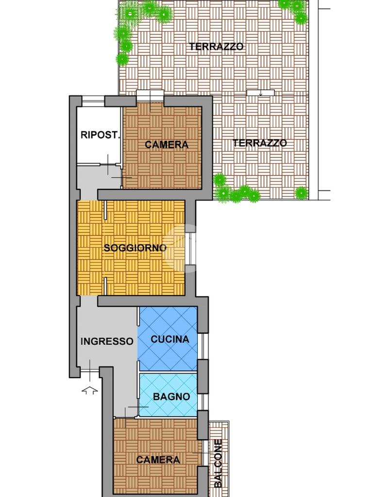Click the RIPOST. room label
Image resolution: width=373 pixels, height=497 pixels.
pos(101,135)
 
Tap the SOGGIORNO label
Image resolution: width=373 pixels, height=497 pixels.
pos(135,248)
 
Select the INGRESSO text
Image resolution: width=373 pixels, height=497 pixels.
pos(107,341)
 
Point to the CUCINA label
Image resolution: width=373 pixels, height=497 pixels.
pos(170,339)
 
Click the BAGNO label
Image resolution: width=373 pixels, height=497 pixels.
pos(171,397)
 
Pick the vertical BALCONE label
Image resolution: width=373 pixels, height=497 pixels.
pos(218,463)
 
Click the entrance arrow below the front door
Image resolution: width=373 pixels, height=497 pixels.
pos(90,390)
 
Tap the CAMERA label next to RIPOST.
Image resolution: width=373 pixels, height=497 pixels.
pos(167,145)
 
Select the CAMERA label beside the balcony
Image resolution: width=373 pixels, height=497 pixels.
pos(158,460)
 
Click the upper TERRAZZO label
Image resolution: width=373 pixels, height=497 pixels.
pos(217,47)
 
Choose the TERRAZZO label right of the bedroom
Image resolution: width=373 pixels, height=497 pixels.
pos(260,143)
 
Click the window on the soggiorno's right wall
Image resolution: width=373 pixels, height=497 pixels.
pos(190,249)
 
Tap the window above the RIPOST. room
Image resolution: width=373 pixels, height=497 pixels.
pos(93,101)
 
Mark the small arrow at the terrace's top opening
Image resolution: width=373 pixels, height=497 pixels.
pos(261,94)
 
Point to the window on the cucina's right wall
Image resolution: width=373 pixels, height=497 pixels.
pos(203,346)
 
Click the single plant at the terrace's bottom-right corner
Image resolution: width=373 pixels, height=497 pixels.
pos(301,193)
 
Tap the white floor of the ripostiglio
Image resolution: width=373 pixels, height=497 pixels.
pos(99,135)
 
